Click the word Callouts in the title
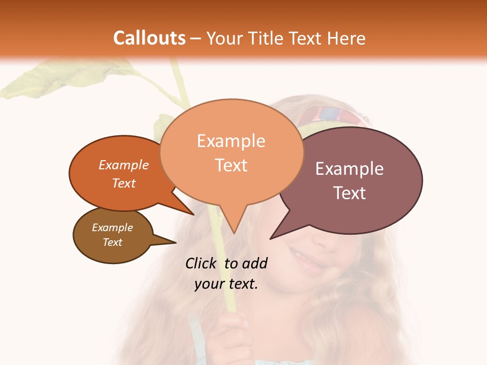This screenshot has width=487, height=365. click(149, 38)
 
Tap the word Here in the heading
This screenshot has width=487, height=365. click(346, 38)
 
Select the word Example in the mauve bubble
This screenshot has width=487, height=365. click(349, 169)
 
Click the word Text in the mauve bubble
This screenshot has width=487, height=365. click(349, 193)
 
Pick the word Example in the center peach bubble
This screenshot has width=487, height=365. click(231, 141)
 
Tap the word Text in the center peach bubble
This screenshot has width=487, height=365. click(231, 165)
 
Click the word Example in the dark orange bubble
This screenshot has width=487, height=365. click(124, 165)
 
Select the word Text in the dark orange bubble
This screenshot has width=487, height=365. click(124, 183)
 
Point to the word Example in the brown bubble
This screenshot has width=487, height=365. click(112, 228)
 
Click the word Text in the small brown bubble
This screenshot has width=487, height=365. click(112, 242)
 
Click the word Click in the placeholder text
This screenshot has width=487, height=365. click(201, 263)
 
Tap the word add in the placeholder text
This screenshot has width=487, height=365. click(255, 263)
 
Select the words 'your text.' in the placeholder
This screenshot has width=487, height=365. click(226, 284)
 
